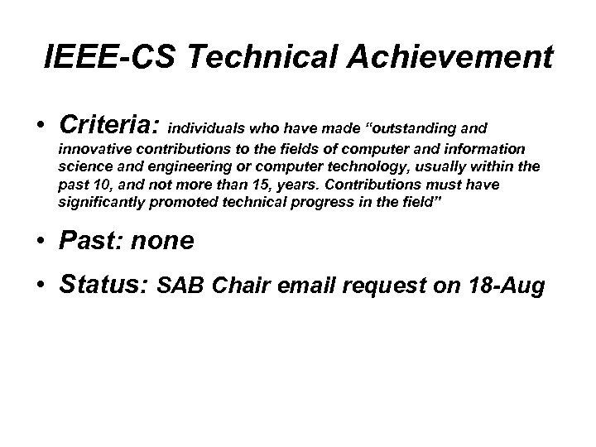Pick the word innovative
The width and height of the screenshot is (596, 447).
click(x=93, y=149)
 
